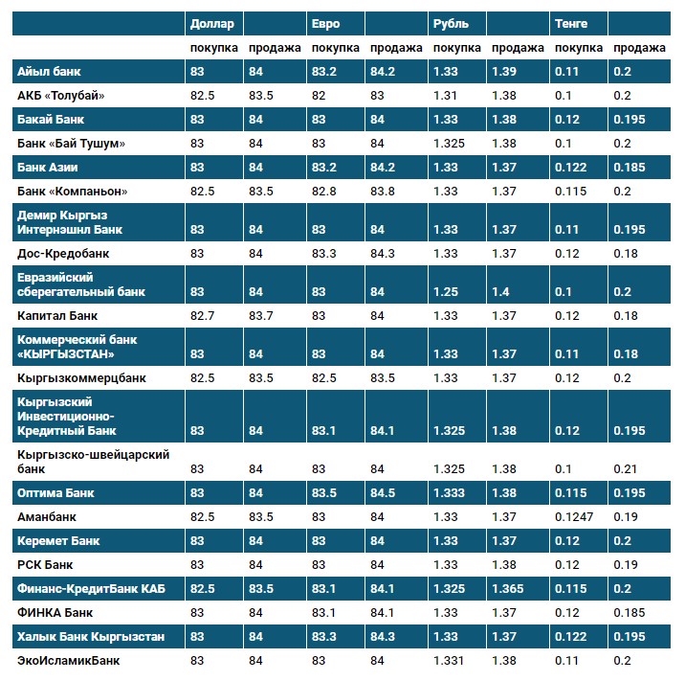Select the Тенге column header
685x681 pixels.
pos(571,23)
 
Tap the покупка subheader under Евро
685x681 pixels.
pos(335,48)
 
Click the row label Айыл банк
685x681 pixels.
pos(49,71)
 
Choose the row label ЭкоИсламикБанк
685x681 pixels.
pos(69,660)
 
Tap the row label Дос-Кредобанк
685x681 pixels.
pos(64,254)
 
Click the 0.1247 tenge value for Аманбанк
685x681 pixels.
pos(574,516)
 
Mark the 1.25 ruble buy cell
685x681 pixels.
pos(445,291)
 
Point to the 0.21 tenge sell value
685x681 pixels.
pos(625,469)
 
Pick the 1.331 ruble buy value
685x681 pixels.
pos(448,660)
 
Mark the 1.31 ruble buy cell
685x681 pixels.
pos(445,95)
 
